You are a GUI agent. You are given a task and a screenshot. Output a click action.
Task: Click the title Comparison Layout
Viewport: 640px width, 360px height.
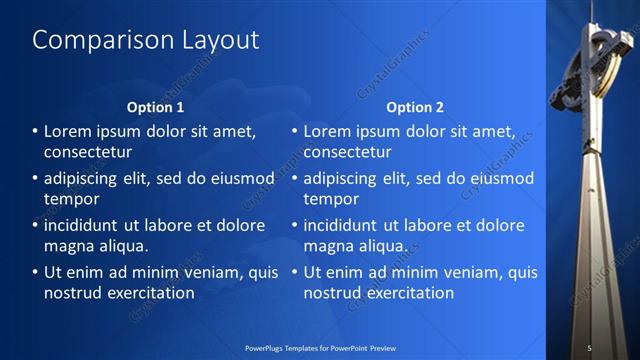point(146,40)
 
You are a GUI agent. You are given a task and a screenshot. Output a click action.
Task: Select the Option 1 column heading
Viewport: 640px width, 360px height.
point(156,107)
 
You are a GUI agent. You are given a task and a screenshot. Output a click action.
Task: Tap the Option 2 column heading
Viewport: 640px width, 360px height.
point(415,107)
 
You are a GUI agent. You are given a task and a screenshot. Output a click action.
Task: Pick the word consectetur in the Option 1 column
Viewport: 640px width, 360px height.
point(88,153)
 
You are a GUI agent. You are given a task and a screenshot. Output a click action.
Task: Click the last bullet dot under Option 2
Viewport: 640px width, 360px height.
point(295,273)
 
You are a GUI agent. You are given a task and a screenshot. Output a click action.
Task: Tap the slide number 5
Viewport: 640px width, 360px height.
point(589,347)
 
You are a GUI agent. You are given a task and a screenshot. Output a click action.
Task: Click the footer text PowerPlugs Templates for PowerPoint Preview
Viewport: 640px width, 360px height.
point(319,347)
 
